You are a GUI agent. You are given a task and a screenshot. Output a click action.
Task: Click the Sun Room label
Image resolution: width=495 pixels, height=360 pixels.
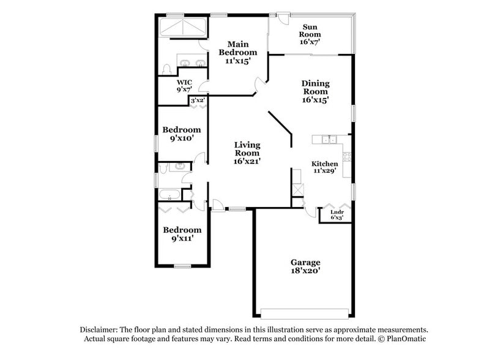click(x=310, y=34)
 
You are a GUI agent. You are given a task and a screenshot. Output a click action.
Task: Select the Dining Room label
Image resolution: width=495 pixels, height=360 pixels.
click(x=315, y=92)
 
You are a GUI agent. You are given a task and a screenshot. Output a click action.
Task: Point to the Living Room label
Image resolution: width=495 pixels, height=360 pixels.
click(x=247, y=153)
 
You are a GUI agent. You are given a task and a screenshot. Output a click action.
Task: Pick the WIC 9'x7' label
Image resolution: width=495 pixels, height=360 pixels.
click(x=184, y=86)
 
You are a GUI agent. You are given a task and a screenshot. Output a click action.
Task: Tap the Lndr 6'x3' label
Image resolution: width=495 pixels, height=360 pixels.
click(x=337, y=214)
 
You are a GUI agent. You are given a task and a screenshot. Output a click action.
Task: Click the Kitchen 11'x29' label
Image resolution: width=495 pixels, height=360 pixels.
click(x=325, y=168)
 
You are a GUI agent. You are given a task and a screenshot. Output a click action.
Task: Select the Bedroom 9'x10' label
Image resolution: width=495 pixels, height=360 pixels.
click(x=182, y=134)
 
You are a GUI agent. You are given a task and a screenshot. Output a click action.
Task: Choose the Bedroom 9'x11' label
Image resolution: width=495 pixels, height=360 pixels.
click(x=182, y=234)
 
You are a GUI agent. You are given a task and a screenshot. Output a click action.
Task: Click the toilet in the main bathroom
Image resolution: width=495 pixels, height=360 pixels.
click(x=167, y=68)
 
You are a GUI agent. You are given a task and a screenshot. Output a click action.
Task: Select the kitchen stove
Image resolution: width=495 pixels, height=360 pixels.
click(x=346, y=157)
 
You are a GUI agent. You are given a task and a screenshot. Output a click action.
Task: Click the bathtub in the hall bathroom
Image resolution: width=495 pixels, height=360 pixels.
click(x=168, y=196)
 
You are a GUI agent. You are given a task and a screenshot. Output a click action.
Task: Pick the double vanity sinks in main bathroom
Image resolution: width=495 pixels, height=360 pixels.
click(x=193, y=62)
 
